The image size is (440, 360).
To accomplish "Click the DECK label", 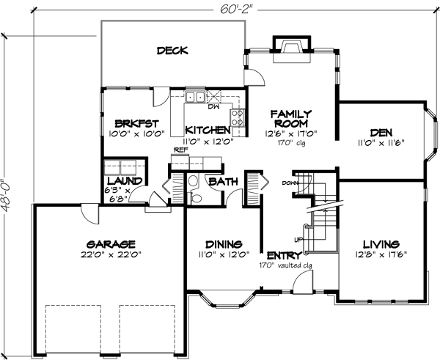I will click(172, 51).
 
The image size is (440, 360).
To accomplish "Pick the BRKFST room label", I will click(133, 123).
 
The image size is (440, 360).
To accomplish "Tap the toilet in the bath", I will click(193, 182).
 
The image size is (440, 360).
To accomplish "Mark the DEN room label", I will click(378, 133).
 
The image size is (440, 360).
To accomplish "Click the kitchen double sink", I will click(195, 96).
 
